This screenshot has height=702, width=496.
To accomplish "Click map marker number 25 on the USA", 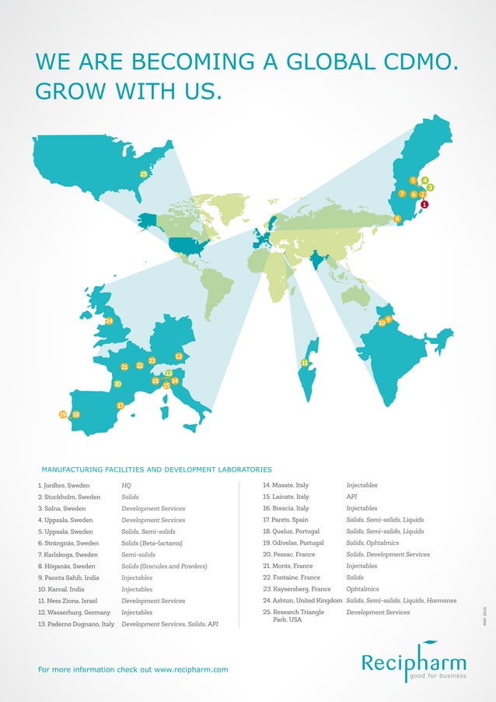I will tap(144, 174).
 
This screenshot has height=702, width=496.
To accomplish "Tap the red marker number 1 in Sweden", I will tap(424, 205).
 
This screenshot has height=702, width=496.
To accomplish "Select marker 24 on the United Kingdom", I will tap(109, 321).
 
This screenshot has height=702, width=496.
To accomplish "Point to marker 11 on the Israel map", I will tap(304, 363).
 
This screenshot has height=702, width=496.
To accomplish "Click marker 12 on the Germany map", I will tap(179, 356).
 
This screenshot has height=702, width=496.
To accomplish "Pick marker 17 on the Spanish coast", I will tap(121, 405).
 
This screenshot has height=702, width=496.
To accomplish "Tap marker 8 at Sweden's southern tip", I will tap(398, 219).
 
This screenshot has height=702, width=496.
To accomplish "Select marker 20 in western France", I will tap(117, 384).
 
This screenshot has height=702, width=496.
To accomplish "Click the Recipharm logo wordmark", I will tap(413, 663).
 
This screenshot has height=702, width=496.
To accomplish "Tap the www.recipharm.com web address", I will tap(191, 669).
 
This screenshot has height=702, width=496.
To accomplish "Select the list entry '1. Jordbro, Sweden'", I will tap(64, 485).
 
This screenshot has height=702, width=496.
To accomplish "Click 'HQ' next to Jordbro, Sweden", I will tap(126, 485).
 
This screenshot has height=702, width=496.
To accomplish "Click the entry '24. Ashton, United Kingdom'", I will tap(302, 600).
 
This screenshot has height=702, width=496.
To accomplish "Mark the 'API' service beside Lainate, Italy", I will tap(351, 497).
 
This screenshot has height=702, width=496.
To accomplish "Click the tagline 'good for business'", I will tap(436, 676).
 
